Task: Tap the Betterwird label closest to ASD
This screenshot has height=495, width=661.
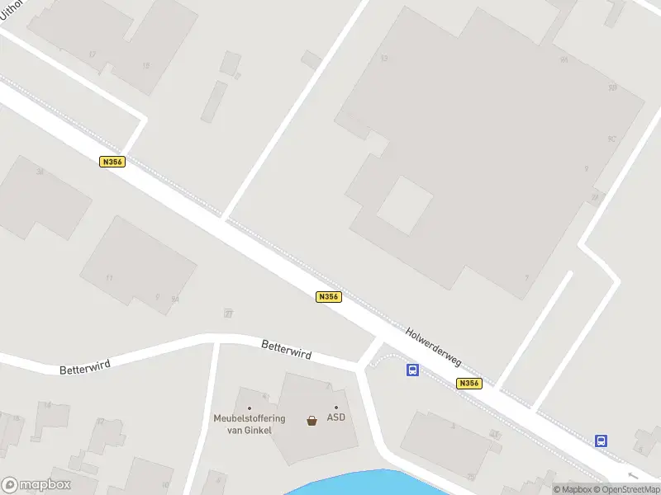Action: [286, 349]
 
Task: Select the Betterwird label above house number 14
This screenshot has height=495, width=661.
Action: [84, 364]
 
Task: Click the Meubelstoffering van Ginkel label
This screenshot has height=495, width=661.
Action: [249, 422]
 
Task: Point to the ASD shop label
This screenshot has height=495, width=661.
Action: [335, 417]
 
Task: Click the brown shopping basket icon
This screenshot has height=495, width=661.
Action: [311, 420]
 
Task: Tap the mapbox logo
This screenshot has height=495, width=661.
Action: [36, 485]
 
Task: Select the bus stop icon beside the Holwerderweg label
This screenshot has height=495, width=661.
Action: [412, 370]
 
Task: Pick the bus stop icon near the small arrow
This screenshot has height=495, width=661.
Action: [602, 441]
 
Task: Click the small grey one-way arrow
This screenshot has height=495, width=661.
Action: [633, 476]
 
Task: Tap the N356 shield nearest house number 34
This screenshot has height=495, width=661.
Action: [112, 162]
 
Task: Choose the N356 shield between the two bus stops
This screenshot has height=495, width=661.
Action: [468, 383]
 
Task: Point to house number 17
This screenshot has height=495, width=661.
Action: [92, 54]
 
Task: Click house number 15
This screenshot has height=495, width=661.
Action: [146, 65]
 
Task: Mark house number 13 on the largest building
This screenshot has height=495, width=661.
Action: [383, 58]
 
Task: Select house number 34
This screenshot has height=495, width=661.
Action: [39, 172]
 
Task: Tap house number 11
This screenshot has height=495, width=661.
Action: [109, 278]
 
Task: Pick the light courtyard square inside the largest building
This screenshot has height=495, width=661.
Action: [405, 205]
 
